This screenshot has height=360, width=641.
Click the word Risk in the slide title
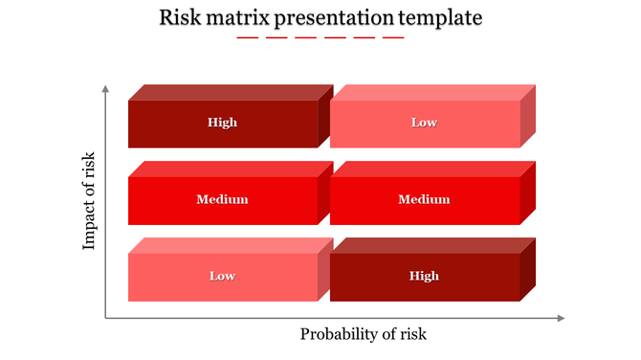pos(180,17)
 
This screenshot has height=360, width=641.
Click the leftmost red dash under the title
pos(248,37)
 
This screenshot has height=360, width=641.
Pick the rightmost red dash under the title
pos(393,37)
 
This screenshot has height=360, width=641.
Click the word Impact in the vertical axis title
pos(90,227)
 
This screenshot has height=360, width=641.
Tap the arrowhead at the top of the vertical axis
pos(105,89)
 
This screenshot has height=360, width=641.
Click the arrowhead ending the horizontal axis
pos(562,319)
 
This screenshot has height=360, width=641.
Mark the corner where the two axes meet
pos(105,319)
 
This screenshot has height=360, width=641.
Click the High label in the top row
pos(222,123)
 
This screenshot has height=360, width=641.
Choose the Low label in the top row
pos(424,123)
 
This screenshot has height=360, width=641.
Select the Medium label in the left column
pos(222,199)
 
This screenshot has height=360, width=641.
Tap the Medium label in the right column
pos(424,199)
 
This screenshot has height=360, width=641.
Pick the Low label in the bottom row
pos(222,276)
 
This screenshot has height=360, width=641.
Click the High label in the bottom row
pos(424,276)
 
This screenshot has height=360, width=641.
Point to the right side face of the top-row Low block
pos(528,116)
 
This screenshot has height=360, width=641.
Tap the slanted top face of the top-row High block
pos(230,92)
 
